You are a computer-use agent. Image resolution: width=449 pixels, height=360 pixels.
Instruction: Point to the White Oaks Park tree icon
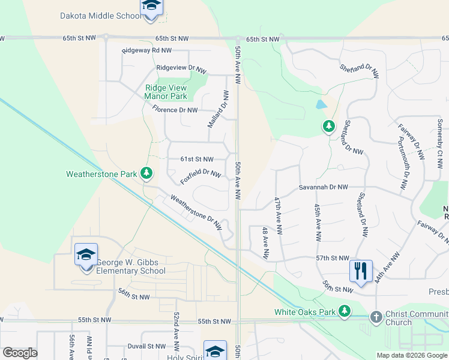[x=344, y=311]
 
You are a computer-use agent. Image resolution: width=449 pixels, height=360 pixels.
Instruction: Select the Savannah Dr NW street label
[x=324, y=187]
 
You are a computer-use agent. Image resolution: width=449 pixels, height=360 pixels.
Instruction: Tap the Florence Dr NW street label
[x=175, y=110]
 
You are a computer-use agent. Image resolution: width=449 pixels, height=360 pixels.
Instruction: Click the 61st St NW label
[x=197, y=159]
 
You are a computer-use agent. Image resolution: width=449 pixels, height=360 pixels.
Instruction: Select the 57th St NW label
[x=333, y=258]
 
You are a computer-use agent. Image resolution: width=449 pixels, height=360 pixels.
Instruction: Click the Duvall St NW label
[x=146, y=346]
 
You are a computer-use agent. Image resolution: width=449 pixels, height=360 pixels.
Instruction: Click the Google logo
[x=20, y=353]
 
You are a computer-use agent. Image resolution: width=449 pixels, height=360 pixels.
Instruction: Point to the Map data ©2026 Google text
[x=411, y=355]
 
